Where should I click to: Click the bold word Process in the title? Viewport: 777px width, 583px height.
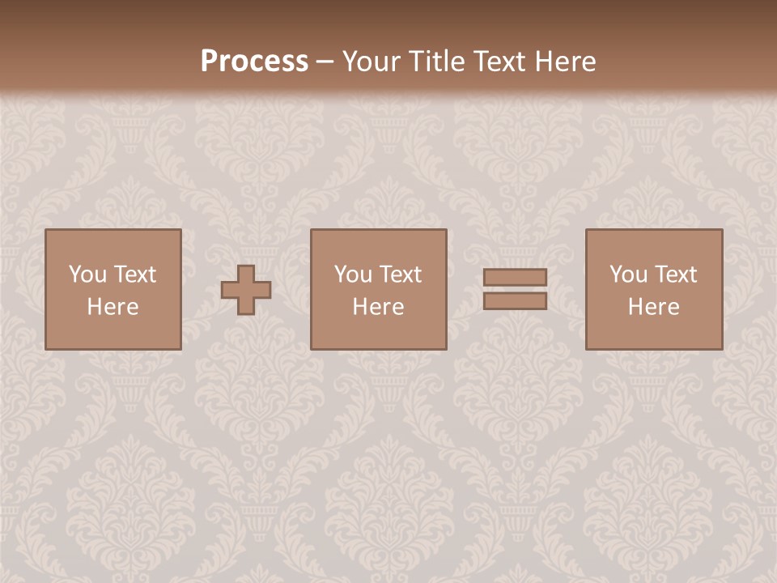point(254,62)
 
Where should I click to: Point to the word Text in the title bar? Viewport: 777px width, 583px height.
point(499,62)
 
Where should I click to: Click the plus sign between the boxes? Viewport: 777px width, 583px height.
point(246,290)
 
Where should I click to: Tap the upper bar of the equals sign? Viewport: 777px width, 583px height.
point(515,278)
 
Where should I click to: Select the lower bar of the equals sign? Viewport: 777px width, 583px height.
point(515,301)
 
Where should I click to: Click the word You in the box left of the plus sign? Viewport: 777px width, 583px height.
point(87,274)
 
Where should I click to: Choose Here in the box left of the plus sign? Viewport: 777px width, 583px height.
point(113,307)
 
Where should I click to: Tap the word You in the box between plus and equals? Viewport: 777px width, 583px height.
point(353,274)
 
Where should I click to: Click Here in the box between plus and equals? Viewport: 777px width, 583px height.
point(378,307)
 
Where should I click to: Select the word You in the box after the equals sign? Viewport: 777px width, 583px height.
point(628,274)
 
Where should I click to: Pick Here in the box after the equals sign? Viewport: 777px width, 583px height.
point(653,307)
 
